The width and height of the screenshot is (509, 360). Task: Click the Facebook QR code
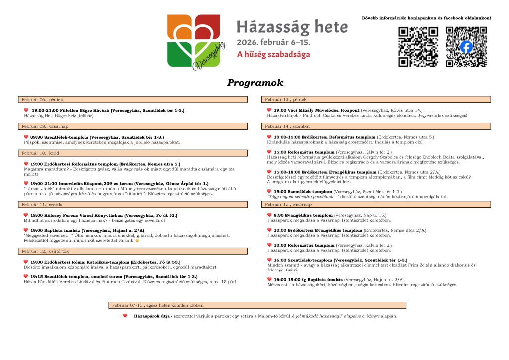466,47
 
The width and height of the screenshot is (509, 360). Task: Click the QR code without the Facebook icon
418,47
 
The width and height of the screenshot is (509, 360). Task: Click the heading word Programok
254,83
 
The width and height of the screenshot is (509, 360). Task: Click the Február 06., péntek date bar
133,100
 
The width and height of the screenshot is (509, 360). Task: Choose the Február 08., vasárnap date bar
133,126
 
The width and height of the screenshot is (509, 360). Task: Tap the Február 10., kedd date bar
133,153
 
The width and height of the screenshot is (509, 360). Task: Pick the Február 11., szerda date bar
133,204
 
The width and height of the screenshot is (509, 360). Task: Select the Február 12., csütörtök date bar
133,251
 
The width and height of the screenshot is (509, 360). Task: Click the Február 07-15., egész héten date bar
257,305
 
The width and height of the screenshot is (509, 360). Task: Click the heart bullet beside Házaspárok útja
125,316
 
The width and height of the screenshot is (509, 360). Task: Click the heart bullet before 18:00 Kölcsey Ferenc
26,215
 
